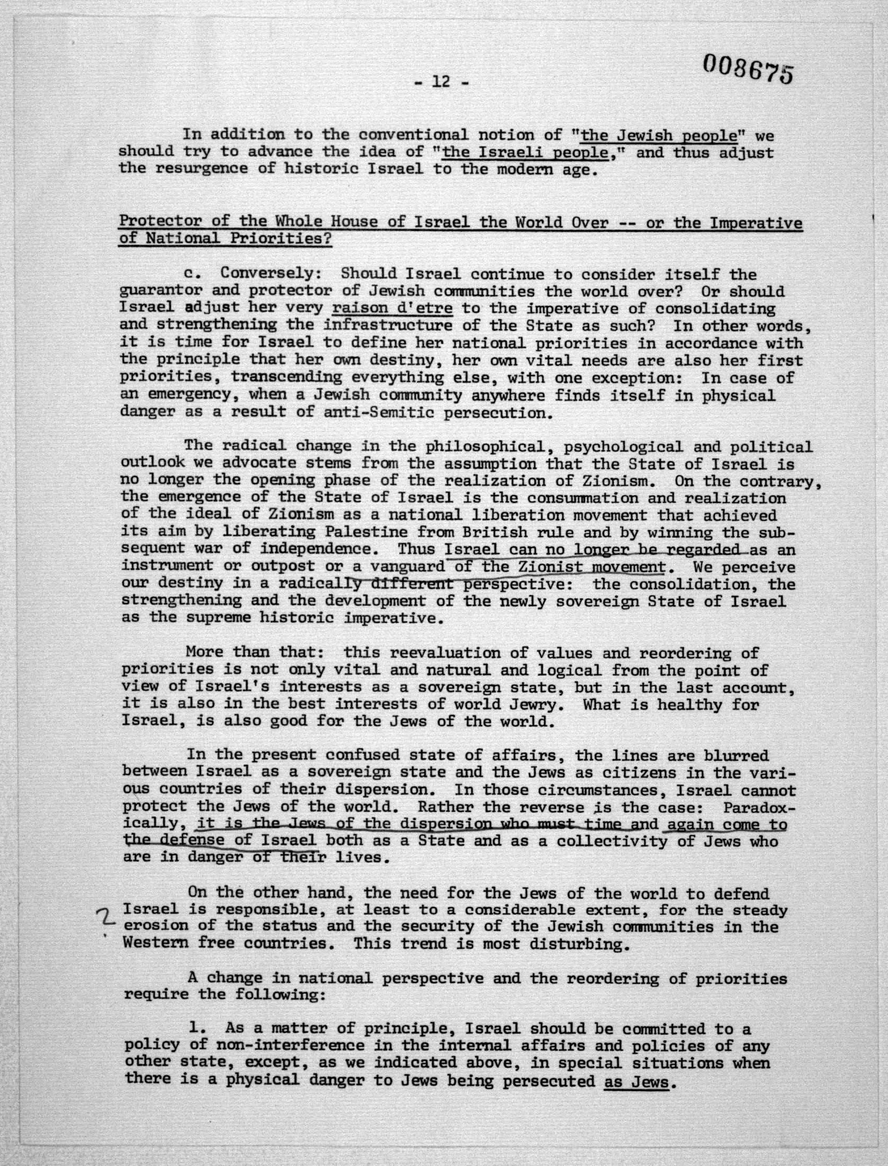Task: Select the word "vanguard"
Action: [x=407, y=566]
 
